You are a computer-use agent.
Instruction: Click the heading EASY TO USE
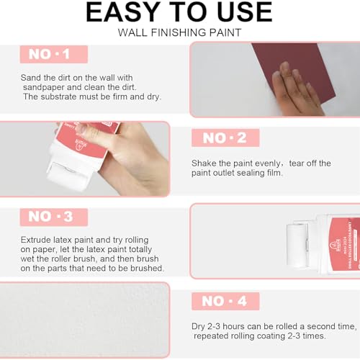coord(179,13)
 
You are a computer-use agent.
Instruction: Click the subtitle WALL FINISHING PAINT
coord(179,33)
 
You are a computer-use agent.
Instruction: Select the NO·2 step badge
coord(225,138)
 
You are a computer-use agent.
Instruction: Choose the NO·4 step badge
coord(225,301)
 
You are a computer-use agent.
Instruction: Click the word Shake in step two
coord(204,163)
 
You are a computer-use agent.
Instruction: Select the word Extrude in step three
coord(36,238)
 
